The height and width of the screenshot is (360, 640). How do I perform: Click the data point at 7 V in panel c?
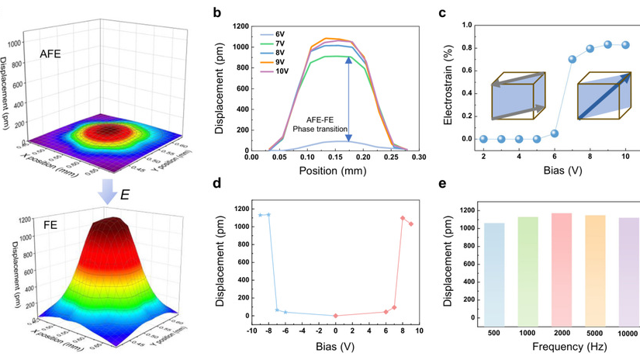573,59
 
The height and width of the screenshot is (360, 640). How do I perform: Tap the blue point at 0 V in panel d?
335,316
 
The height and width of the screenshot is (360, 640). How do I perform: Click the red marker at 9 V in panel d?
411,224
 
